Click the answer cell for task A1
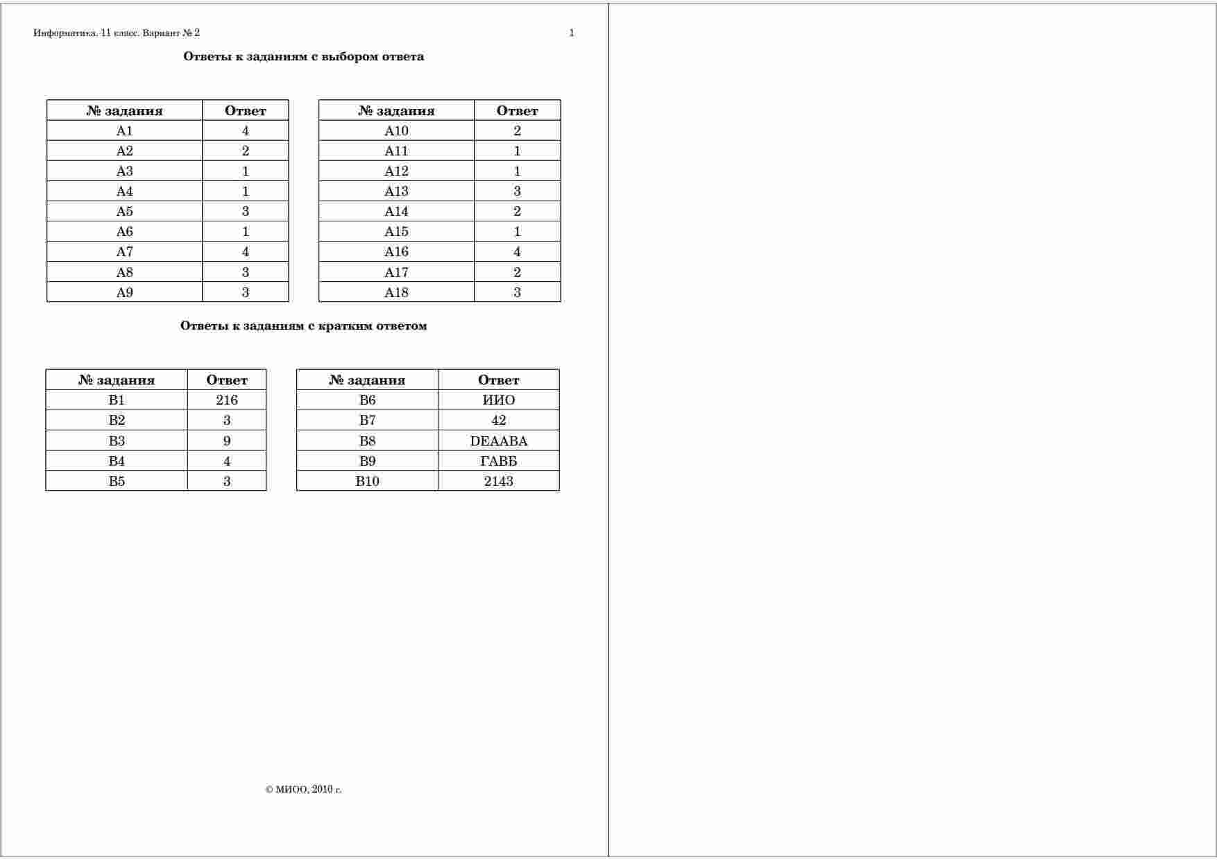click(245, 130)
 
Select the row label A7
click(124, 252)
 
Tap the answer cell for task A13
click(517, 191)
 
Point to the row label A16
click(396, 252)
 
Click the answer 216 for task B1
click(227, 400)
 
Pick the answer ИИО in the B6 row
click(498, 400)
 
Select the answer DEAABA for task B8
click(498, 441)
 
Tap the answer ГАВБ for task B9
click(498, 461)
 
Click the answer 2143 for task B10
click(498, 481)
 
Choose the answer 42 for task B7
click(498, 420)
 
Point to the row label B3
click(117, 441)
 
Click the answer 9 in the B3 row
click(227, 441)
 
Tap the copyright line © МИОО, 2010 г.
click(303, 789)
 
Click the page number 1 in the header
click(571, 33)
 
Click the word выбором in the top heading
click(350, 57)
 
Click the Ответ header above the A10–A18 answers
click(517, 110)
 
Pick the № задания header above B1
click(117, 380)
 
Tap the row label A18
click(396, 292)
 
